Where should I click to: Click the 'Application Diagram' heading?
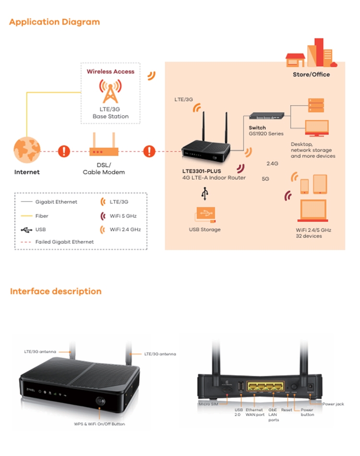click(x=54, y=22)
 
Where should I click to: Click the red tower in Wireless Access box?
click(x=110, y=91)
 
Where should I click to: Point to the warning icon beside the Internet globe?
click(x=64, y=151)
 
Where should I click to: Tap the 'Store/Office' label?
click(x=311, y=75)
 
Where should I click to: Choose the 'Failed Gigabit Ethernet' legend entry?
click(x=64, y=242)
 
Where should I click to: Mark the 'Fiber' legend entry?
click(x=42, y=216)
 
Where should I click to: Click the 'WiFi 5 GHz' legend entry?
click(x=123, y=216)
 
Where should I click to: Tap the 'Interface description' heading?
click(x=56, y=291)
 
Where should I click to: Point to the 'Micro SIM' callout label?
click(x=208, y=404)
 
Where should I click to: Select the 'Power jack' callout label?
click(x=333, y=404)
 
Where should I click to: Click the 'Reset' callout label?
click(x=287, y=410)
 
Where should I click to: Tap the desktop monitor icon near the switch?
click(x=317, y=127)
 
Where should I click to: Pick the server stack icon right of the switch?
click(x=316, y=105)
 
